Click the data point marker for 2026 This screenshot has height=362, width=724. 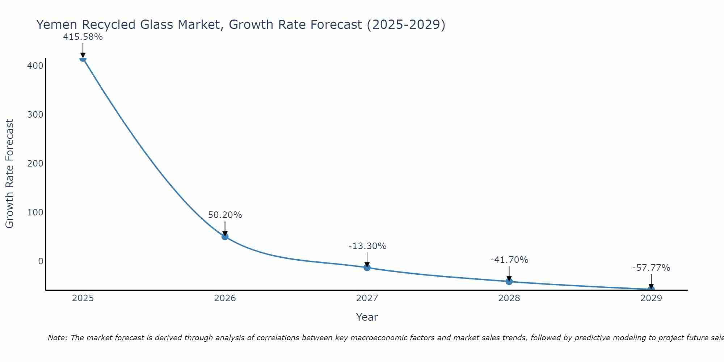click(225, 237)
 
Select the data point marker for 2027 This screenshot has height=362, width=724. click(367, 268)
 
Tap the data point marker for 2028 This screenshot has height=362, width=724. click(509, 281)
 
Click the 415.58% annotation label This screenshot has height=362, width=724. click(83, 37)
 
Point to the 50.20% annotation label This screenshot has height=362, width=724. click(225, 215)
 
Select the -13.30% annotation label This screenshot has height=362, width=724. click(367, 246)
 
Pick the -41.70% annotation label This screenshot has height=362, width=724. click(509, 260)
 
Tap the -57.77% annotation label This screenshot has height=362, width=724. click(651, 268)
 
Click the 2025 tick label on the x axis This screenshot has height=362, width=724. click(83, 298)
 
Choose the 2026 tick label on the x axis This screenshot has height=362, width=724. click(225, 298)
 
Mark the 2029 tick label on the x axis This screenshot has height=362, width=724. click(651, 298)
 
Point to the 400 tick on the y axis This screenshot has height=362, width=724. click(35, 66)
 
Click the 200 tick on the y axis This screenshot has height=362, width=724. click(35, 164)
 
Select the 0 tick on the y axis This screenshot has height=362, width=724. click(41, 261)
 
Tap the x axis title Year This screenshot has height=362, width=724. click(367, 317)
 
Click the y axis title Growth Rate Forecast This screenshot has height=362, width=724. click(10, 174)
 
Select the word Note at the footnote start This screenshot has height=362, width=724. click(57, 338)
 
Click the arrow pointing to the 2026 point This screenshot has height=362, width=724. click(225, 228)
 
